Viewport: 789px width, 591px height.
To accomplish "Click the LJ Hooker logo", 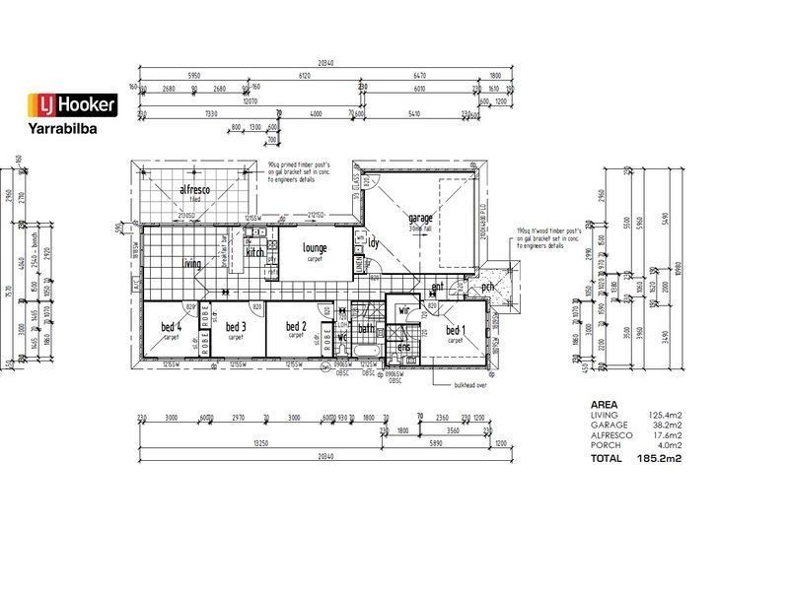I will [72, 104].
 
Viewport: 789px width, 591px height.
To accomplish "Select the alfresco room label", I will [197, 189].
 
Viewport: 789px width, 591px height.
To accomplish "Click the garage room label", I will [422, 219].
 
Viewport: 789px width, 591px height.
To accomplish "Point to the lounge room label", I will [316, 247].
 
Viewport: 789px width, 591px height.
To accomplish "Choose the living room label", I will [192, 263].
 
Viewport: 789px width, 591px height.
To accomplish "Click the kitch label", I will [255, 252].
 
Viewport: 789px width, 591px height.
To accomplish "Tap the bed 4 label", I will [171, 327].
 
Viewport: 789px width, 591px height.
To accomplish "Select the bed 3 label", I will [235, 327].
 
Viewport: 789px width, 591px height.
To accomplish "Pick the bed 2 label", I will [296, 326].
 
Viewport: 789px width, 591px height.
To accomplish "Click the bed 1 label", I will [455, 330].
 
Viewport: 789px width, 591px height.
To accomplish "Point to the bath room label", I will [366, 328].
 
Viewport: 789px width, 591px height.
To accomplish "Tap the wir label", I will [403, 310].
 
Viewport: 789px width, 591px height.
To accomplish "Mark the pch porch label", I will [487, 288].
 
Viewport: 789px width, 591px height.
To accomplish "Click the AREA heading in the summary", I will [604, 405].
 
